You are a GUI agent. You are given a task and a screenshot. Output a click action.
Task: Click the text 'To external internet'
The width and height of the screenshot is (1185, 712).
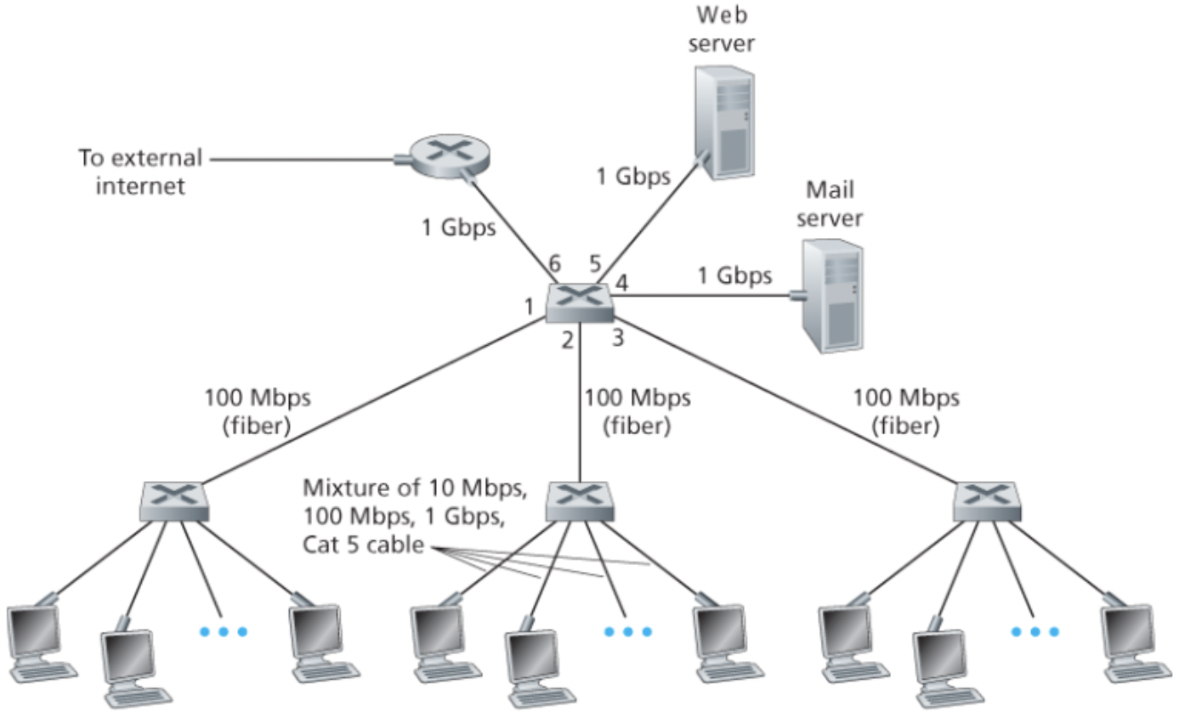tap(140, 172)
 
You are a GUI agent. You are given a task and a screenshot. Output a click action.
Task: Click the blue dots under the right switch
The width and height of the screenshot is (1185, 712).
tap(1035, 631)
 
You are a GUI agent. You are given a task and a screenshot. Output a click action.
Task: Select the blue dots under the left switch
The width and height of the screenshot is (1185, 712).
tap(222, 631)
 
